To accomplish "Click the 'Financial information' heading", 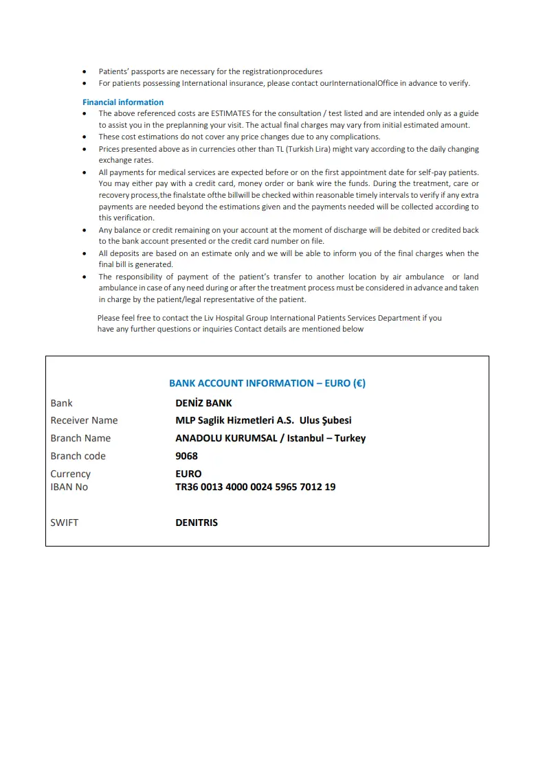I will tap(123, 102).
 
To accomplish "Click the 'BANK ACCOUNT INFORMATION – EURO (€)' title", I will tap(267, 383).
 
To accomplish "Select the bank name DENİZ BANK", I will tap(203, 403).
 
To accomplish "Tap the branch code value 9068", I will tap(186, 456).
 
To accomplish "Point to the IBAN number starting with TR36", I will tap(256, 487).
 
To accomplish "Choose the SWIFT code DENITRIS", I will tap(197, 523).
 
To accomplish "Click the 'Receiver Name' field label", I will tap(84, 420).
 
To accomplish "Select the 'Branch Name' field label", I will tap(80, 438).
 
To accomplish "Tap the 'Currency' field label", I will tap(70, 474).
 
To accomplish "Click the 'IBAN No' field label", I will tap(69, 487).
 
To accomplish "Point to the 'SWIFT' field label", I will tap(65, 523).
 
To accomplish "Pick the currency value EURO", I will tap(188, 474).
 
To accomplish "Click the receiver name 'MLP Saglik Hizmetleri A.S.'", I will tap(234, 420).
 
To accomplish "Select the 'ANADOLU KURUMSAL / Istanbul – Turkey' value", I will tap(270, 438).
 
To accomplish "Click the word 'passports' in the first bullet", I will tap(145, 71).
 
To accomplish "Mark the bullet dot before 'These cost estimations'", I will tap(85, 137).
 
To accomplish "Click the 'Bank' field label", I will tap(61, 403).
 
